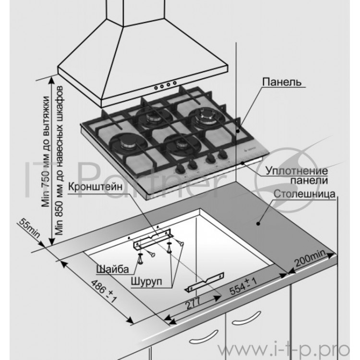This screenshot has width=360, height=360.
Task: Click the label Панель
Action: pos(282,82)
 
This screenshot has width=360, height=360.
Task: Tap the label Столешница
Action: pos(304,194)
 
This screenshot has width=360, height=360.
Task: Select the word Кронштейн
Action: pos(96,187)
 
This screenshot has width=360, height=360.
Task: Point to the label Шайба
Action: pos(112,269)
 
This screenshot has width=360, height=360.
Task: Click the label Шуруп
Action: pos(146,281)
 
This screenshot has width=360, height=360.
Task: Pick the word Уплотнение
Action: pos(297,171)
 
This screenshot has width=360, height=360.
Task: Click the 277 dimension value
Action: pos(193,303)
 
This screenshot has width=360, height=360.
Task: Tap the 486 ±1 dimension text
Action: pos(104,290)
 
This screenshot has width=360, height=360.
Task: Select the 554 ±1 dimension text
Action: pos(243,286)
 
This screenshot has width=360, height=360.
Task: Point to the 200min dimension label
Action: pos(311,258)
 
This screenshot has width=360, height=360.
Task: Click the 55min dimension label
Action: pos(29,228)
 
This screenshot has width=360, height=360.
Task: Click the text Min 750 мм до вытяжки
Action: pos(45,151)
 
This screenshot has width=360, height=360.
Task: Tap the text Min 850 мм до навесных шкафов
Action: pos(59,160)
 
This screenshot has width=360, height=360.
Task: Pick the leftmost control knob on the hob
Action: pos(180,169)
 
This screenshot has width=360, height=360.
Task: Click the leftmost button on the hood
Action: pos(156,88)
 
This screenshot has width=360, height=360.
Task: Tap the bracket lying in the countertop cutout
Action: pos(205,282)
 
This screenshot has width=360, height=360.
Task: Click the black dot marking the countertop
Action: pos(258,223)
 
